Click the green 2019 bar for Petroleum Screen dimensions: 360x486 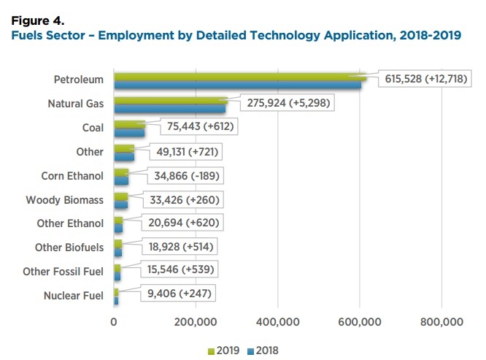point(241,75)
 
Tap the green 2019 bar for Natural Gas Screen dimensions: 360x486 point(170,101)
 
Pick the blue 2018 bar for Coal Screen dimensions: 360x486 point(130,133)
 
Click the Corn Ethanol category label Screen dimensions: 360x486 point(73,176)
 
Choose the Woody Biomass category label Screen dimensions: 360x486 point(65,200)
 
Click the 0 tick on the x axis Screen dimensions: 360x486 point(115,322)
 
